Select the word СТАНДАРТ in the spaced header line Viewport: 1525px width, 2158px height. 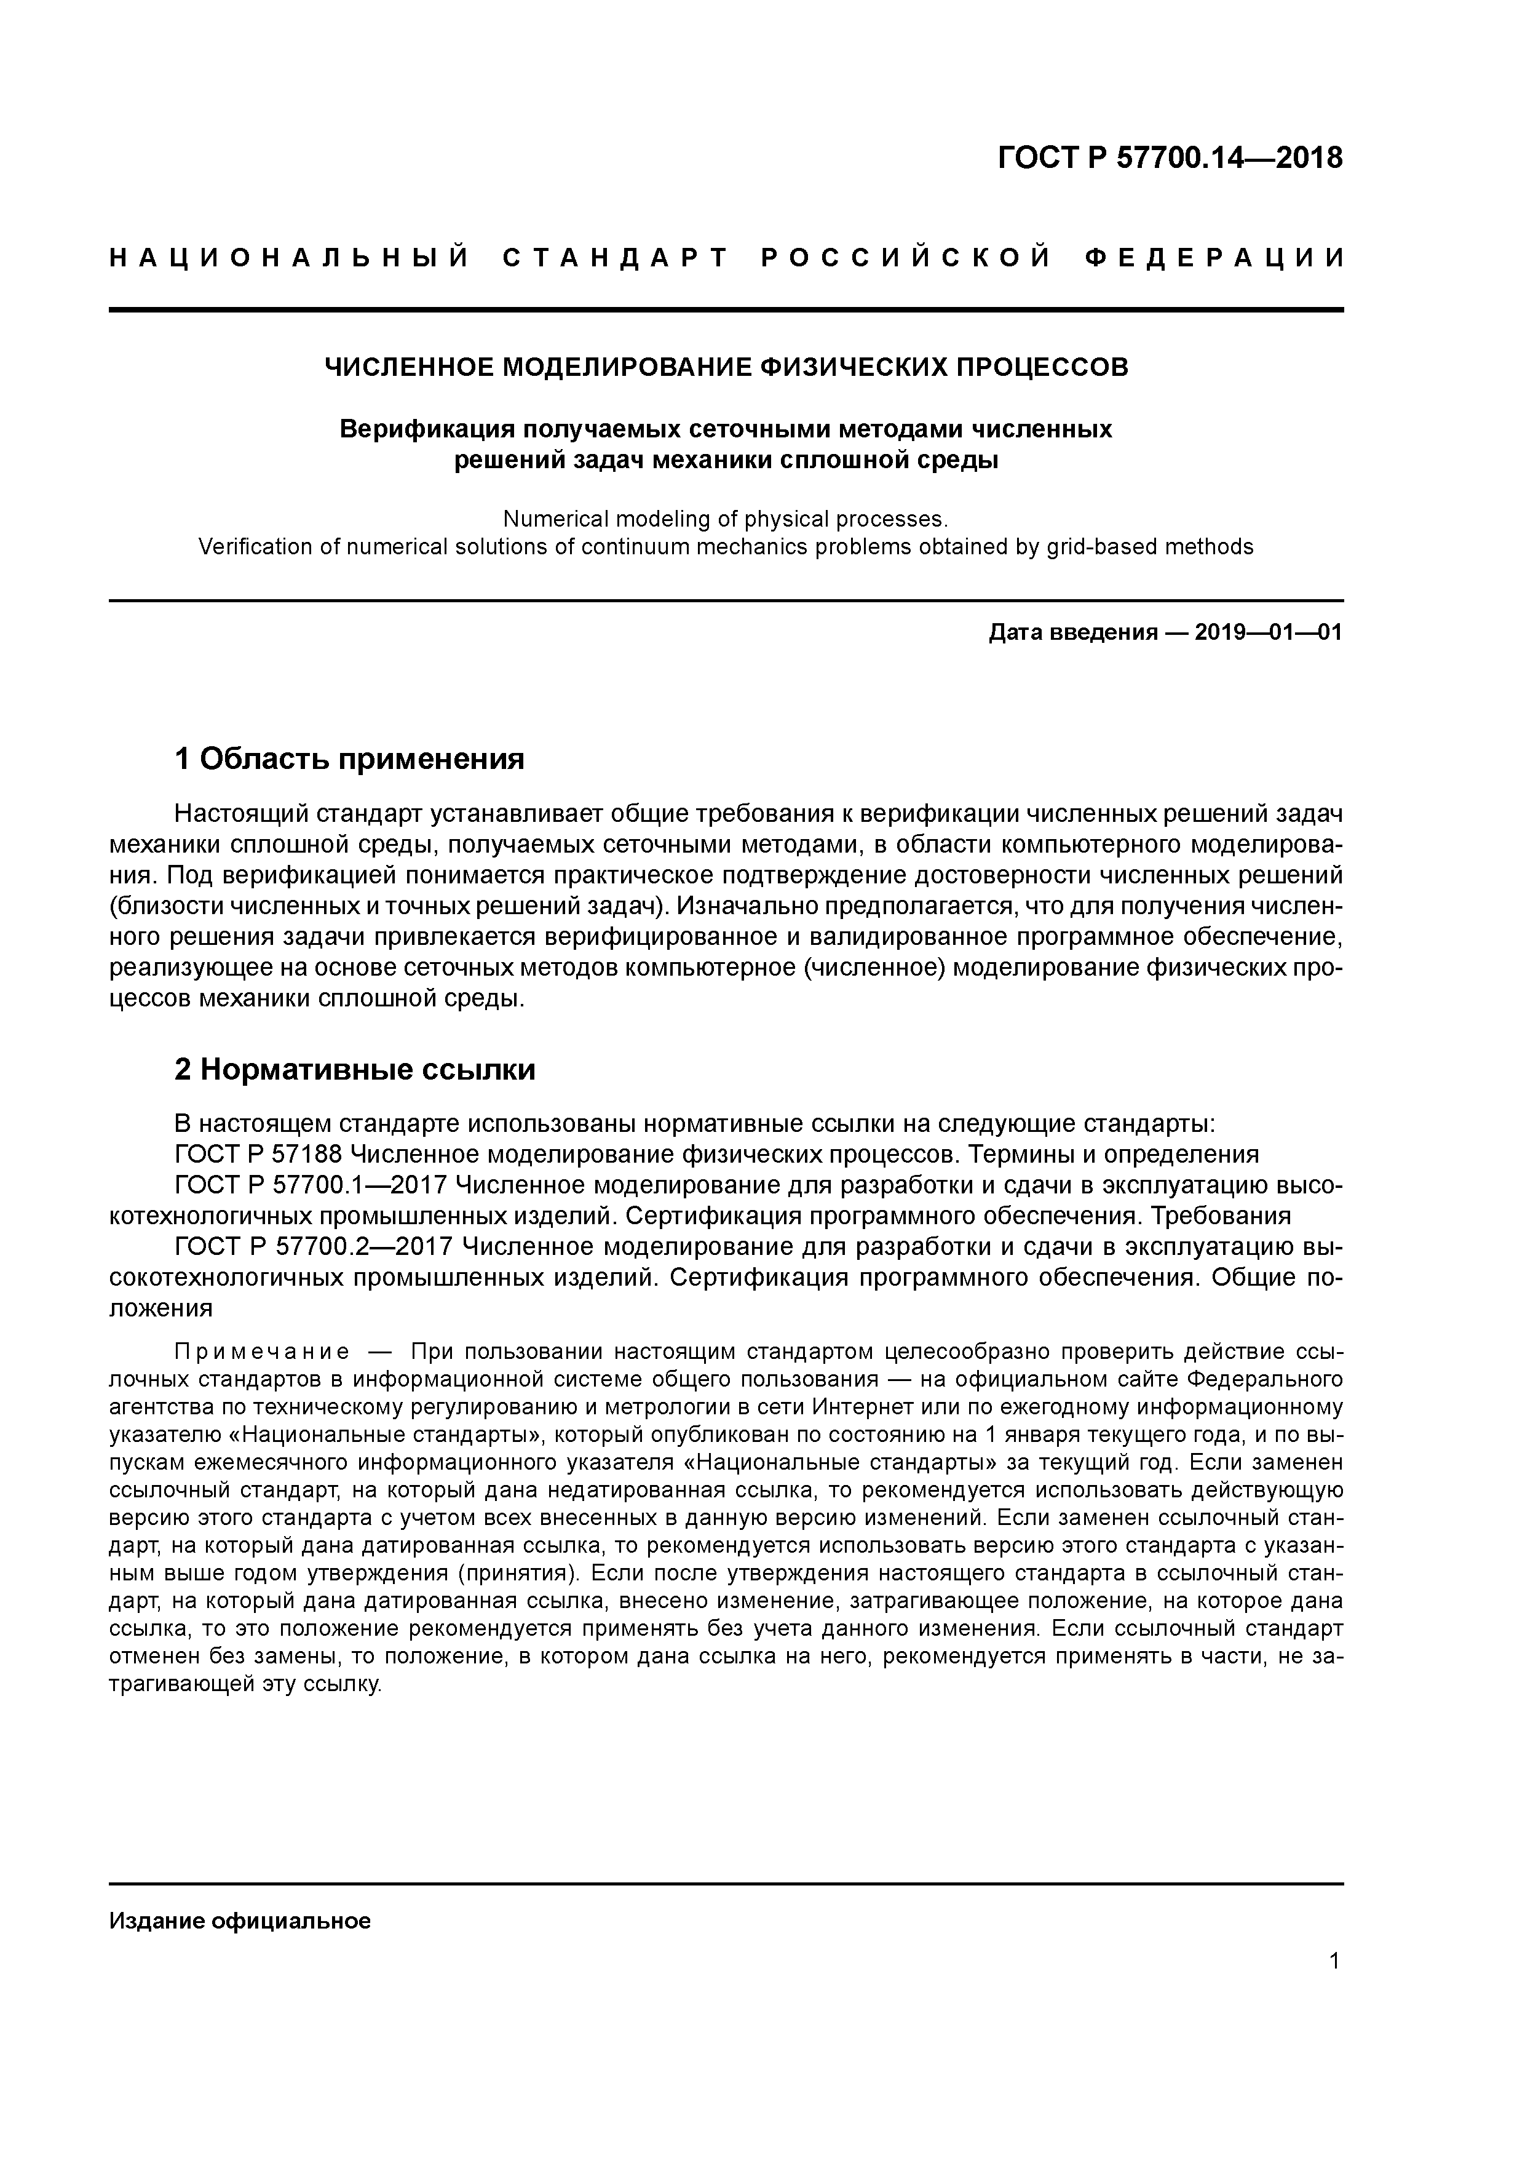click(x=616, y=258)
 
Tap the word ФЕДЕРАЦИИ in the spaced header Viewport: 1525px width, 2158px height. click(x=1214, y=258)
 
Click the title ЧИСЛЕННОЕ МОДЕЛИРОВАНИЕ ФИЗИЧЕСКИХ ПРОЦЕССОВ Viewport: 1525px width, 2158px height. click(x=726, y=367)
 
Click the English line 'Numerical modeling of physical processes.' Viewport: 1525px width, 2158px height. click(x=726, y=519)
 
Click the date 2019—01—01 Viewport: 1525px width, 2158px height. click(x=1269, y=632)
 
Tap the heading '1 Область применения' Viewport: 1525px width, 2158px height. click(x=349, y=758)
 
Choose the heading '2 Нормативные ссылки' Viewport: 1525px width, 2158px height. click(x=355, y=1070)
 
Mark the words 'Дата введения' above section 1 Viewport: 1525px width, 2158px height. click(x=1072, y=632)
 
